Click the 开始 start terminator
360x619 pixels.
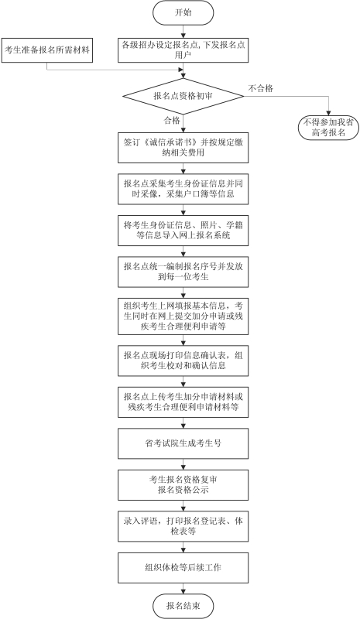click(x=182, y=13)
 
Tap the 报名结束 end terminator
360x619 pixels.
click(x=182, y=605)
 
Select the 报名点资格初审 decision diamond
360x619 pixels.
click(x=182, y=97)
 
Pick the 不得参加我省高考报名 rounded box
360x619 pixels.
click(x=329, y=128)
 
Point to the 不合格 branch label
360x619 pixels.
click(x=260, y=88)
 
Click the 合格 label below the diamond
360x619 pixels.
click(x=171, y=121)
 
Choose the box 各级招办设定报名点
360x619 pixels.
click(x=182, y=50)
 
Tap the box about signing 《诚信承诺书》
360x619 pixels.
click(x=182, y=149)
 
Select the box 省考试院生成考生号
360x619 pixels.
click(x=182, y=443)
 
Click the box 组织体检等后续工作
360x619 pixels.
click(x=182, y=567)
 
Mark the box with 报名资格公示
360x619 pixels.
click(x=182, y=484)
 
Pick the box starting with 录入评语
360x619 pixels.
click(x=182, y=526)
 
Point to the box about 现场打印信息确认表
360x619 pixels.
click(x=182, y=361)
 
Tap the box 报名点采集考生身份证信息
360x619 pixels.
click(x=182, y=190)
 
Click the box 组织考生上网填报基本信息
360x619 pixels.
click(x=182, y=315)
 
